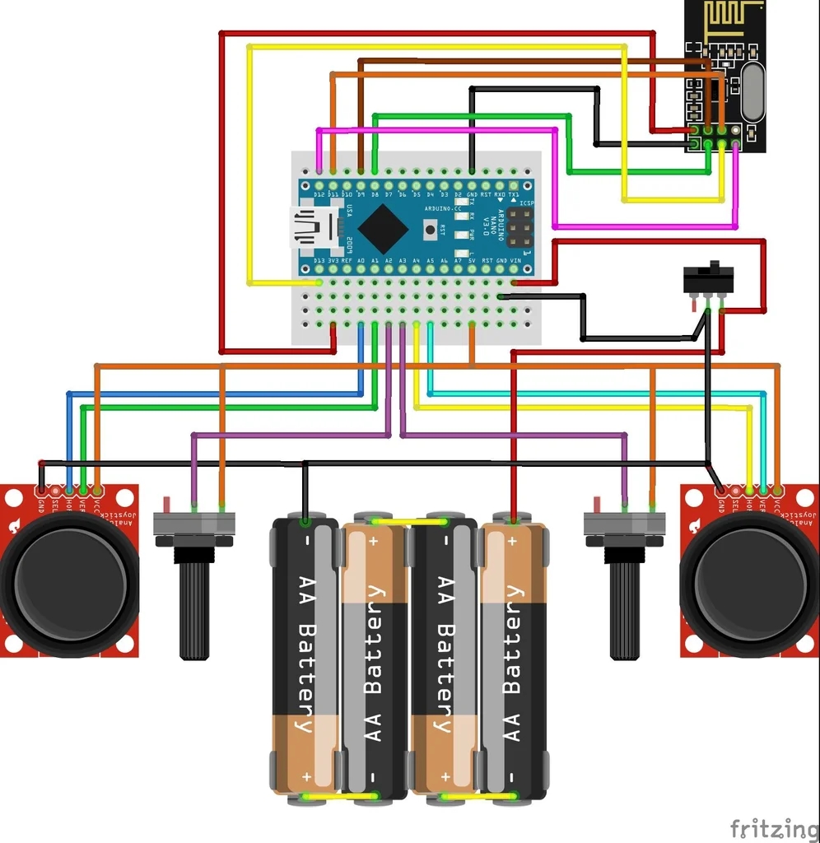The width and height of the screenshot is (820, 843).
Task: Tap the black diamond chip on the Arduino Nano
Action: click(382, 228)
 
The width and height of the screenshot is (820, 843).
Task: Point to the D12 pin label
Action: click(319, 194)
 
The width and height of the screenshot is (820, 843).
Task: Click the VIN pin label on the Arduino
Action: click(516, 261)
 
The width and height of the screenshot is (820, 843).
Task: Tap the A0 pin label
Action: click(361, 261)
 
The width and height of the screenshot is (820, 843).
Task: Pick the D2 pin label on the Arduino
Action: click(458, 194)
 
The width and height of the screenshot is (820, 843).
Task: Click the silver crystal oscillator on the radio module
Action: click(752, 93)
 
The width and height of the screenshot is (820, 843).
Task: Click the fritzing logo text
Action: click(773, 827)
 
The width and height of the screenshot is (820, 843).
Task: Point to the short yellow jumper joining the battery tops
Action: click(408, 521)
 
